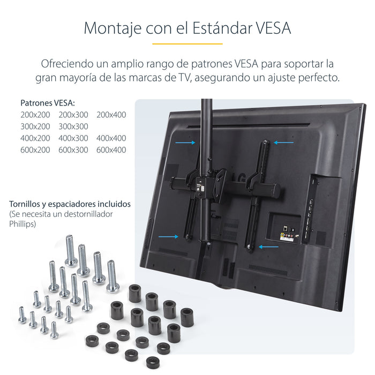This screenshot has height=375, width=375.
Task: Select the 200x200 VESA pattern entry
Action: pyautogui.click(x=35, y=115)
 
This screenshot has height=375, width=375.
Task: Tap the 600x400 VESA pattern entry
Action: pyautogui.click(x=111, y=150)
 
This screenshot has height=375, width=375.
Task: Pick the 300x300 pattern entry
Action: pyautogui.click(x=73, y=126)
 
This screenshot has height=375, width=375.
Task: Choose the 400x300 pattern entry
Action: pyautogui.click(x=73, y=138)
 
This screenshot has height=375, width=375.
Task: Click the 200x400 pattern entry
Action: pyautogui.click(x=111, y=115)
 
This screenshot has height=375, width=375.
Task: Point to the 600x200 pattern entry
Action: pyautogui.click(x=35, y=150)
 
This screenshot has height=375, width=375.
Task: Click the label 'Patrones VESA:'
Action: pyautogui.click(x=48, y=103)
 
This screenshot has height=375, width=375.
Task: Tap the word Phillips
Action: pyautogui.click(x=22, y=224)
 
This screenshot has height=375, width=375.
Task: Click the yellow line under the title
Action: pyautogui.click(x=187, y=43)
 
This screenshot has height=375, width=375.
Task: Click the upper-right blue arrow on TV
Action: pyautogui.click(x=283, y=142)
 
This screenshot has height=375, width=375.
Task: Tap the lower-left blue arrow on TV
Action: pyautogui.click(x=169, y=236)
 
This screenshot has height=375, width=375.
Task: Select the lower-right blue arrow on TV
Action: pyautogui.click(x=268, y=247)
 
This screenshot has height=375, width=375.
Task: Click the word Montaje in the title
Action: pyautogui.click(x=112, y=27)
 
